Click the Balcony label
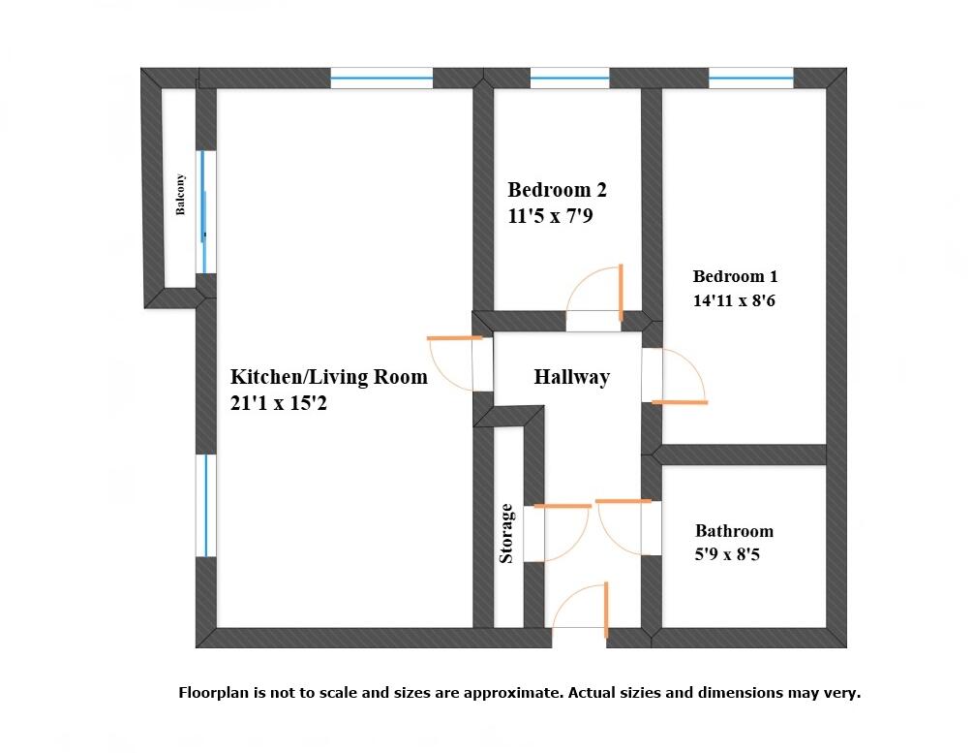point(180,195)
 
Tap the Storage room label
point(505,533)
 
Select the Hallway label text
point(571,377)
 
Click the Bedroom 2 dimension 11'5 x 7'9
point(550,216)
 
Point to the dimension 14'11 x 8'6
point(734,300)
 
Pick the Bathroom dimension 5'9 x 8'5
point(731,555)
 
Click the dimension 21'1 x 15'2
point(278,404)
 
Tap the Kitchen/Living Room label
point(328,377)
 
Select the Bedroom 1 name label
point(735,276)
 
